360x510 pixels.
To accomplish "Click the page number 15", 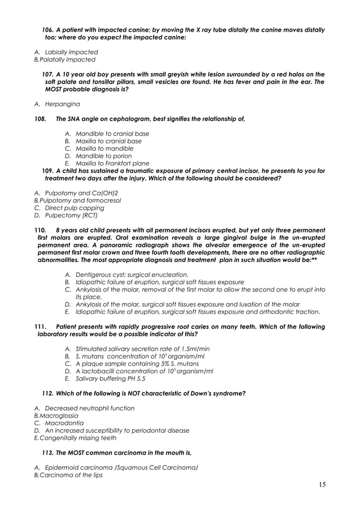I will pyautogui.click(x=322, y=484).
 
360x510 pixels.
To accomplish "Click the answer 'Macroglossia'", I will pyautogui.click(x=59, y=416).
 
